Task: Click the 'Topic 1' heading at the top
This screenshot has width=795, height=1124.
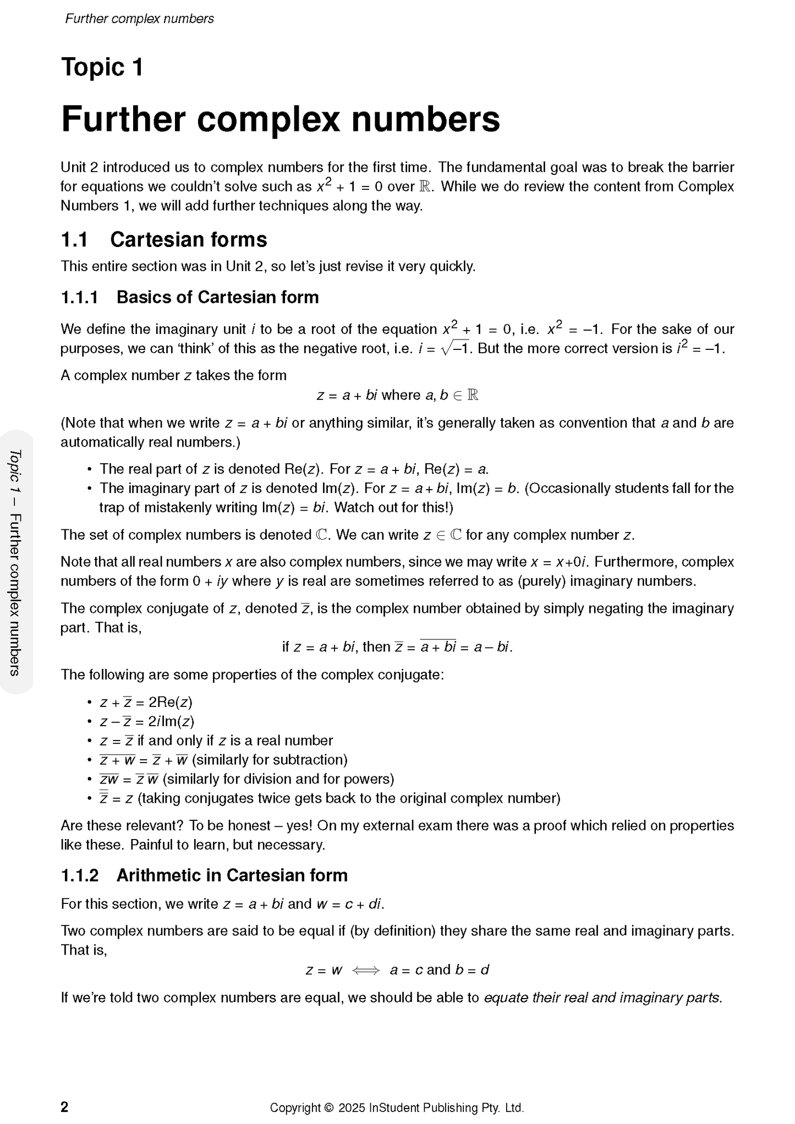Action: (x=102, y=68)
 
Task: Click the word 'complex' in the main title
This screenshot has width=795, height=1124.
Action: (x=268, y=119)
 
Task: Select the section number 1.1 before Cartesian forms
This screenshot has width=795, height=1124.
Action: (x=74, y=240)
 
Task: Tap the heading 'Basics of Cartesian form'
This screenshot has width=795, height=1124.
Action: (x=217, y=297)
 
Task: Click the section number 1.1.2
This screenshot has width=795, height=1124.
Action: (x=80, y=875)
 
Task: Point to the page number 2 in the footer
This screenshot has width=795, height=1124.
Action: (x=64, y=1107)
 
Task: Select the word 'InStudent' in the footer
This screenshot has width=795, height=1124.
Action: (x=394, y=1107)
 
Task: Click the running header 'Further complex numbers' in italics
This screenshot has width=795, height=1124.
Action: (x=139, y=19)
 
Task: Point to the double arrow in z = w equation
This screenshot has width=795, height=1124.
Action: (x=366, y=970)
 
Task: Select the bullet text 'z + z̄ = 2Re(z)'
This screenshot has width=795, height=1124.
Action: (x=146, y=703)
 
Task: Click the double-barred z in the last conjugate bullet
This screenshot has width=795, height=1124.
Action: (x=103, y=798)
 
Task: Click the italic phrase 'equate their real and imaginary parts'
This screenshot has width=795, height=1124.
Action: (x=602, y=997)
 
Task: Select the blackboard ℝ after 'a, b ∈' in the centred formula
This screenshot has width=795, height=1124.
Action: (x=473, y=395)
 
